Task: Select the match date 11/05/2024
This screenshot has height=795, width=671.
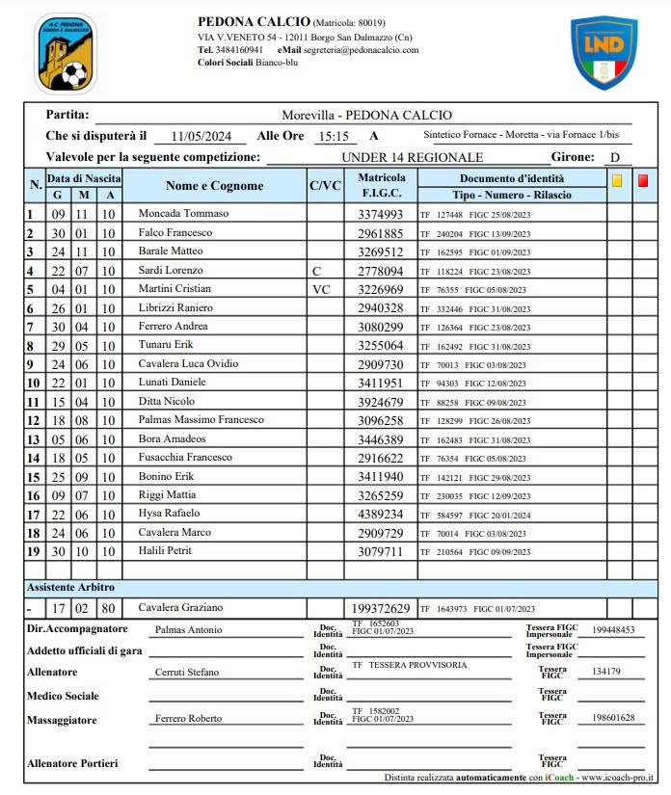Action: point(201,136)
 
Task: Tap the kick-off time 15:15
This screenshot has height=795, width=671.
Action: point(333,136)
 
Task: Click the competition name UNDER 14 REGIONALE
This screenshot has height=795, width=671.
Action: point(412,157)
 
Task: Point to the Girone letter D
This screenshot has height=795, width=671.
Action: point(614,157)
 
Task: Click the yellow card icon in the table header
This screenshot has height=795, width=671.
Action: point(617,179)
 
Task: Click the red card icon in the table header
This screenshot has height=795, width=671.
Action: point(643,179)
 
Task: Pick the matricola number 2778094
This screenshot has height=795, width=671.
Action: point(381,271)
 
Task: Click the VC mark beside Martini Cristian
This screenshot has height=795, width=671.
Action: point(321,289)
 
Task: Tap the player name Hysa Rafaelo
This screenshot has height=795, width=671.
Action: point(170,514)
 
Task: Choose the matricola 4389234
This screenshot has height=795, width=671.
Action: point(381,515)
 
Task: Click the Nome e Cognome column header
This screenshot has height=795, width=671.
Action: point(214,186)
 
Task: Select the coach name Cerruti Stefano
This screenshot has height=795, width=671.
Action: point(187,673)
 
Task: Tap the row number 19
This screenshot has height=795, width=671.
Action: point(32,551)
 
